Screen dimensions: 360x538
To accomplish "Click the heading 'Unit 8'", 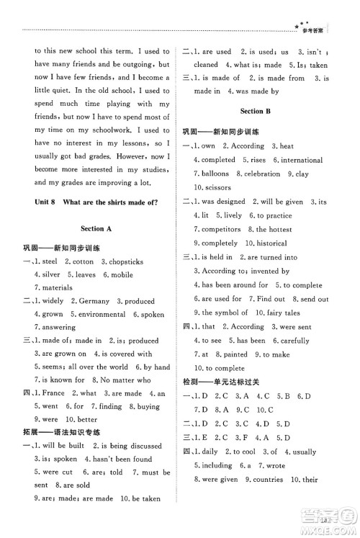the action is point(36,202).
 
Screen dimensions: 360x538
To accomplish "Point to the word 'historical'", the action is point(270,243).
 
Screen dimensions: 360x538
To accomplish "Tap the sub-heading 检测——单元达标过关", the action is point(223,380).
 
